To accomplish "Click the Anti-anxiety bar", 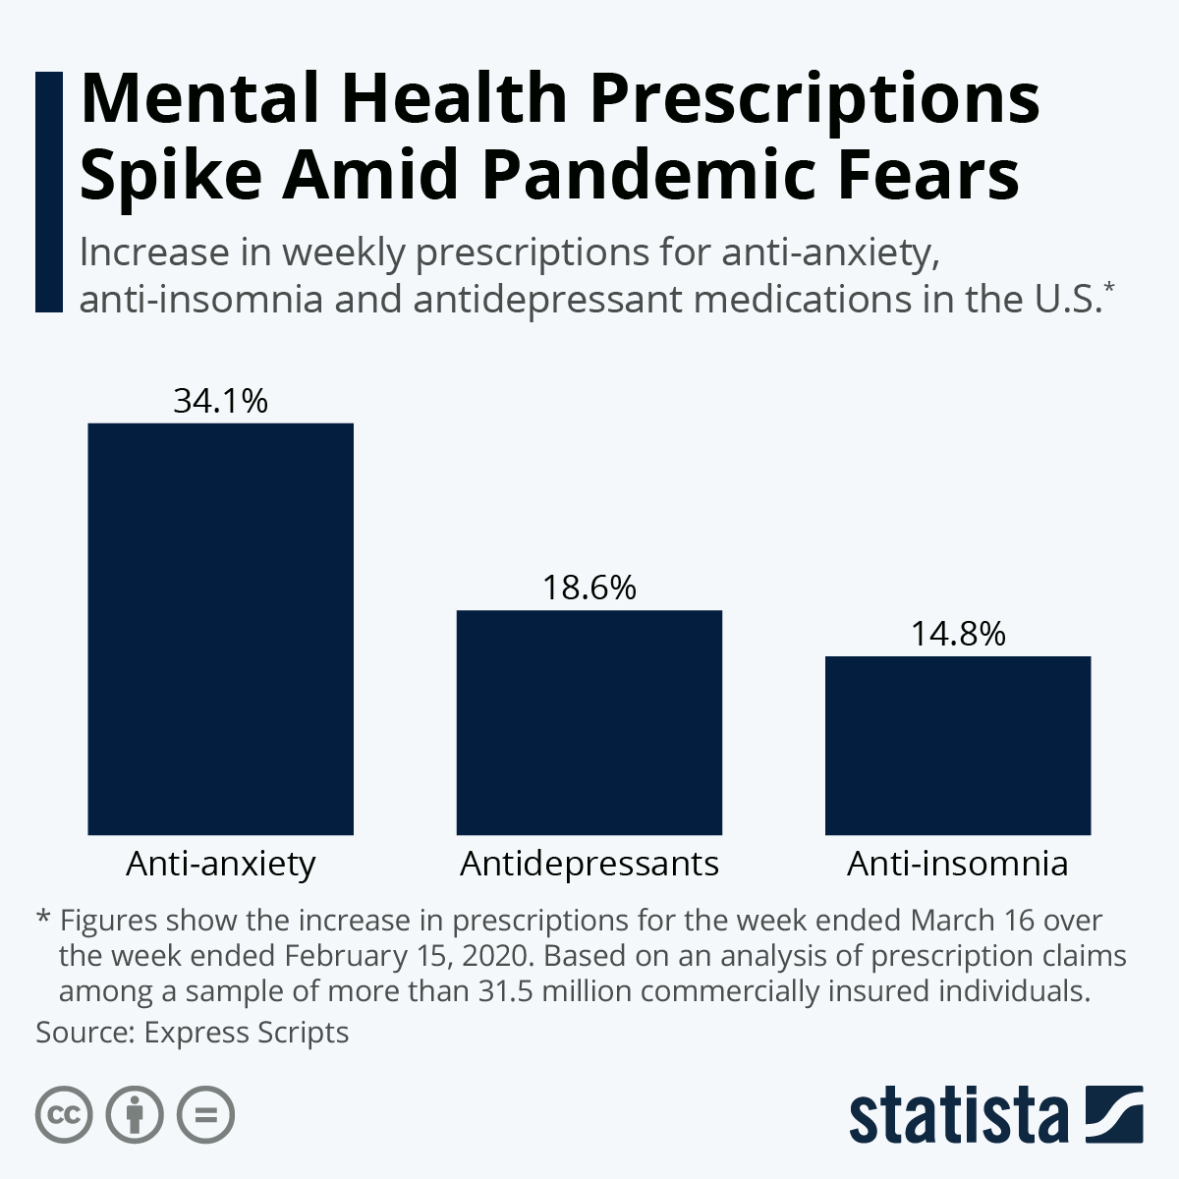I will point(220,629).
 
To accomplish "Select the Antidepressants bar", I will point(589,722).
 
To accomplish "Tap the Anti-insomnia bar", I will point(958,745).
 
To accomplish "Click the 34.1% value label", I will point(220,401).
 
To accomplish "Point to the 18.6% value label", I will point(589,588).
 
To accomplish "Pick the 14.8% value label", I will point(958,634).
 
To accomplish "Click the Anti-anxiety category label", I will point(220,864).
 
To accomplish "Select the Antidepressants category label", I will point(589,864).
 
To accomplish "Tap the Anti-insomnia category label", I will point(958,864).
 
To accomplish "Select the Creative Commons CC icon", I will point(65,1115).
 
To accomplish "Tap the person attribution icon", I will point(136,1115).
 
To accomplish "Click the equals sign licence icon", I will point(206,1115).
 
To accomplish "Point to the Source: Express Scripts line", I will point(193,1033).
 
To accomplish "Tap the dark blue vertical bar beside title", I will point(48,192).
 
